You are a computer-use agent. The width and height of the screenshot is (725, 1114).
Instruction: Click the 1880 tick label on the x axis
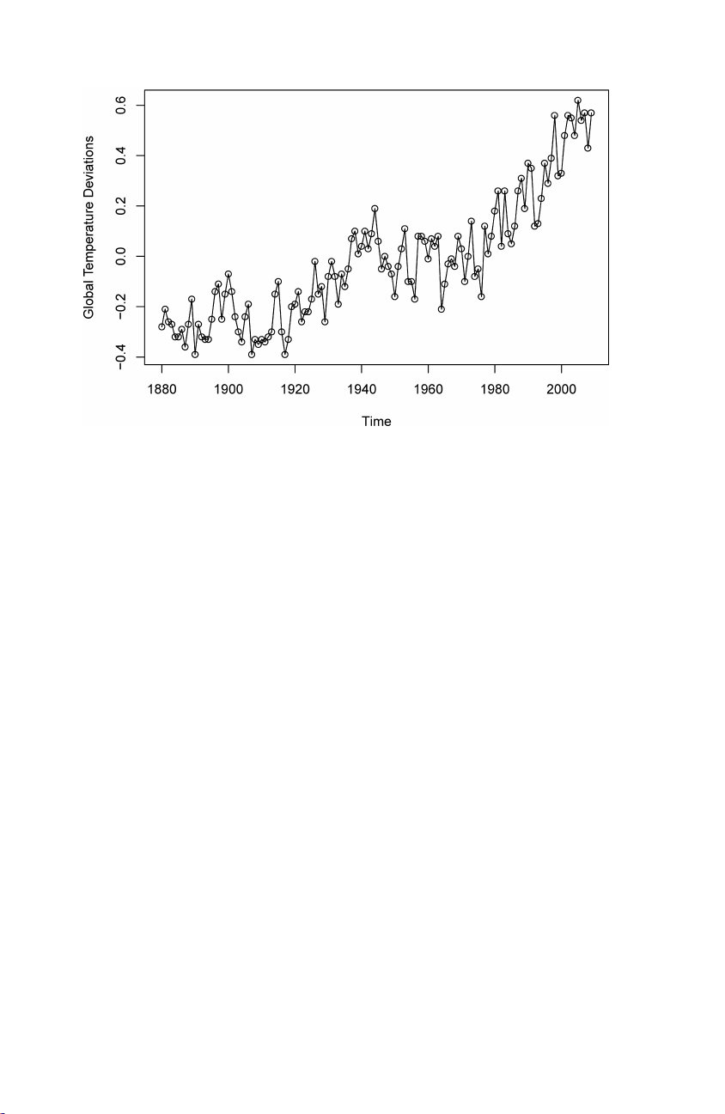(161, 388)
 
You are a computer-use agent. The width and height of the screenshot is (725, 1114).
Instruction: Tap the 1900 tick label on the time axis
(228, 388)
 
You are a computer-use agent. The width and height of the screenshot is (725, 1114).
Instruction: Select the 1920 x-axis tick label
(295, 388)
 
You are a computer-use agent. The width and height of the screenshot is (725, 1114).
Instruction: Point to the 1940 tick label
(362, 388)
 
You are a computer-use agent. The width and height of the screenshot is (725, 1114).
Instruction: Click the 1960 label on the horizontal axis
(428, 388)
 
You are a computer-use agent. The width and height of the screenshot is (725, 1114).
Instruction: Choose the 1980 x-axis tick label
(495, 388)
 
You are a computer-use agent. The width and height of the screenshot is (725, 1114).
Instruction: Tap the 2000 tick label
(561, 388)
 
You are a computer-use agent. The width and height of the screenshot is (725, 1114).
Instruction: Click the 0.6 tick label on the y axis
(120, 105)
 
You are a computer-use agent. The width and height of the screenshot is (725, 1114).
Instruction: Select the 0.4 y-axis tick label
(120, 155)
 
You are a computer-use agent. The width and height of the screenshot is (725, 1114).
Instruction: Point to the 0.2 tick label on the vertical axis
(120, 206)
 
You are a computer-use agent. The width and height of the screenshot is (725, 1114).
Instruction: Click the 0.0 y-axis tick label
(120, 257)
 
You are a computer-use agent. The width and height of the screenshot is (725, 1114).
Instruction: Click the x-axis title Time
(376, 421)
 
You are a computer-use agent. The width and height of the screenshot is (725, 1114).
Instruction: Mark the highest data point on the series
(578, 100)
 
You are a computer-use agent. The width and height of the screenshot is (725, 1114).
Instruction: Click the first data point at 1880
(161, 326)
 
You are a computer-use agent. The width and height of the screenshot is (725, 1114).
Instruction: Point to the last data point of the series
(591, 113)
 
